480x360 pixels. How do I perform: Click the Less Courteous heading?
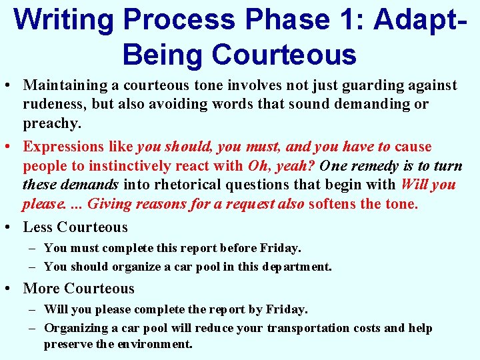click(75, 227)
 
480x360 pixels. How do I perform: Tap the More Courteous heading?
click(79, 289)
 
